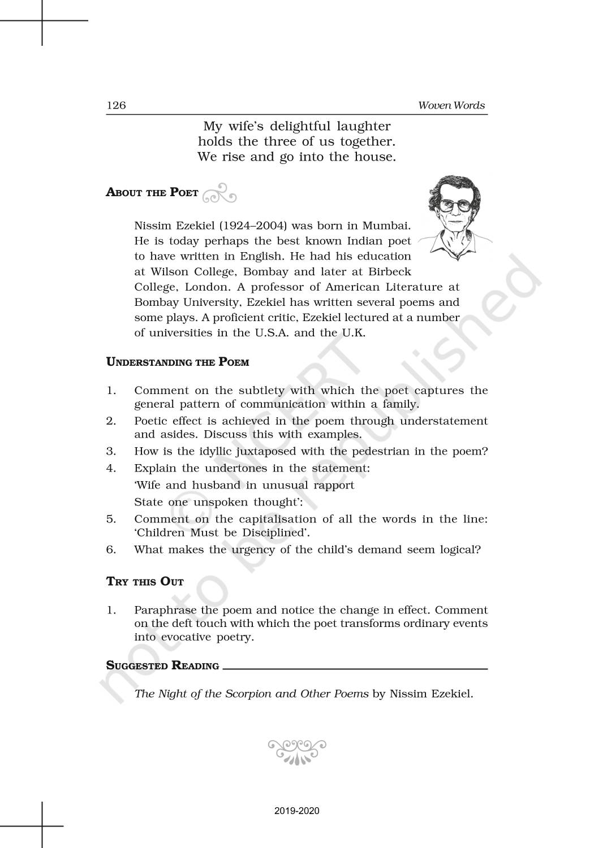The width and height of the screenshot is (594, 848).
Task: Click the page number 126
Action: [x=116, y=106]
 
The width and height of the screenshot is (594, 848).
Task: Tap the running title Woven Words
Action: [x=451, y=106]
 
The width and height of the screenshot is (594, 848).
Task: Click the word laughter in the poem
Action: [x=363, y=126]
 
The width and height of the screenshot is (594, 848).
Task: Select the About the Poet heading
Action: [x=152, y=192]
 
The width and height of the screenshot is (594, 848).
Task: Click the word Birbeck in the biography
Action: [x=390, y=271]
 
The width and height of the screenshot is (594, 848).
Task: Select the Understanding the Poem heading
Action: [x=178, y=362]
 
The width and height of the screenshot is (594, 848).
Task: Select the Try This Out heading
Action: [x=145, y=582]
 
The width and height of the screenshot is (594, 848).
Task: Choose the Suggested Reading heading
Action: [x=162, y=665]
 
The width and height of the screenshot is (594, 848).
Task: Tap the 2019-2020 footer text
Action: [x=297, y=811]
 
